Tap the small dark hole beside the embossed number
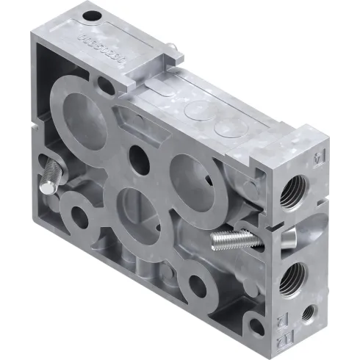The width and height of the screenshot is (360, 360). point(91,15)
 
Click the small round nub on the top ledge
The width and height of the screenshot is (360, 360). point(171,49)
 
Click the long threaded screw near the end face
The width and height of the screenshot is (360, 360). point(231,238)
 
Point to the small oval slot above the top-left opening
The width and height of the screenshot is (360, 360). point(107,86)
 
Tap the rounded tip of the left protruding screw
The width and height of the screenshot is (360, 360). point(45,188)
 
